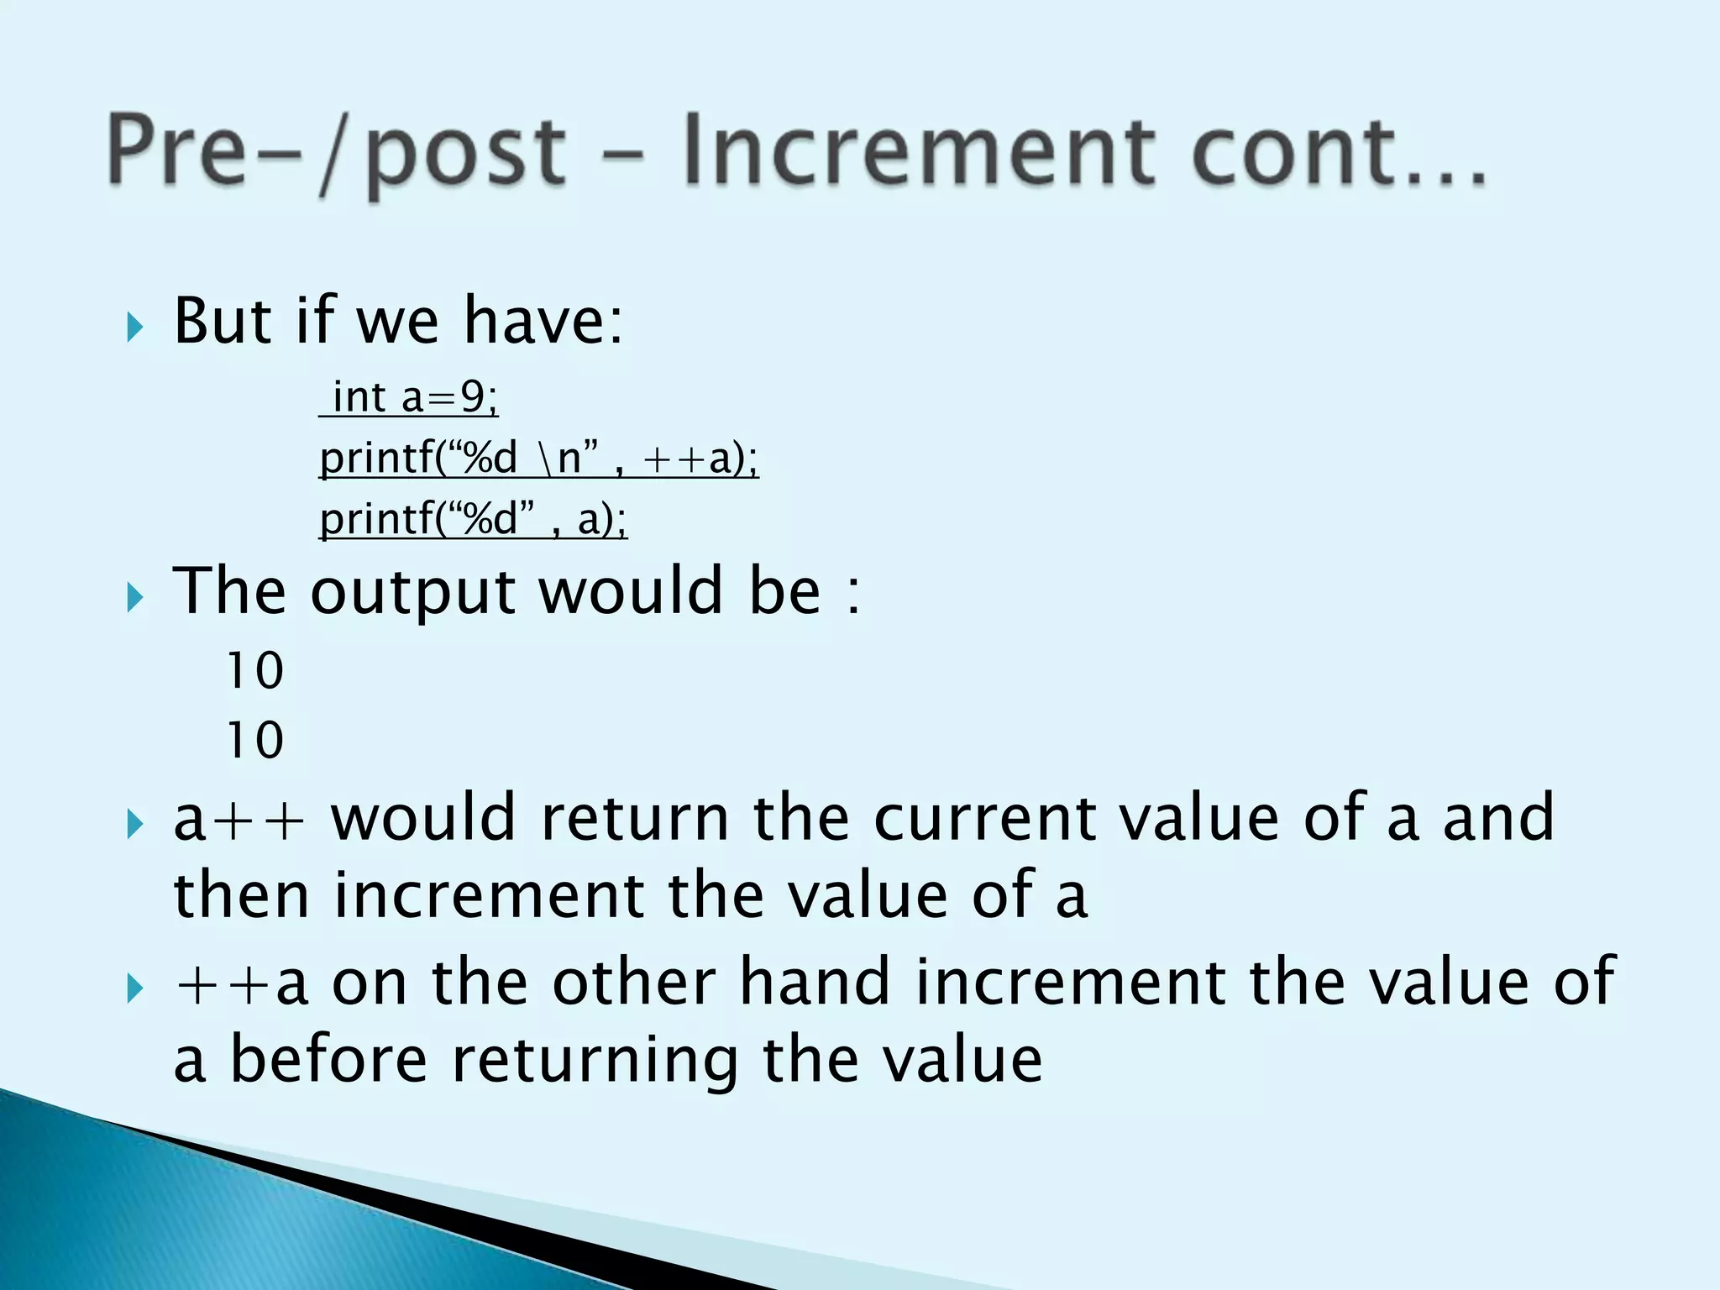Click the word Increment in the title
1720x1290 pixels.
[915, 151]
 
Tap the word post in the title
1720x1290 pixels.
[466, 155]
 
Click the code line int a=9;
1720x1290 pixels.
[410, 397]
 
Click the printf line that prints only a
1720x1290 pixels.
[473, 518]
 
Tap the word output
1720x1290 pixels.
[412, 592]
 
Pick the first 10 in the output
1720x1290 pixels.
[255, 670]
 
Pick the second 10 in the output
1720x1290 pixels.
[255, 740]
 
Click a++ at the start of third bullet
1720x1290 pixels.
[239, 819]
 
